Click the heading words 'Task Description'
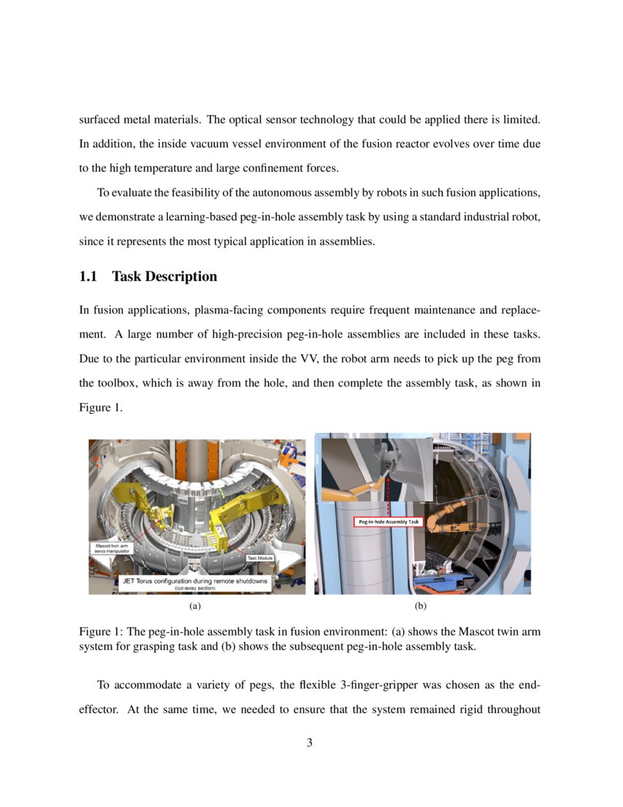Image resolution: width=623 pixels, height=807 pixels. coord(164,277)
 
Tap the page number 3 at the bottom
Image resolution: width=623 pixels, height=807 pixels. coord(309,742)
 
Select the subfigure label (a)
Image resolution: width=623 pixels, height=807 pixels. coord(194,606)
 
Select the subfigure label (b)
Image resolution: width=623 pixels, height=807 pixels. coord(420,606)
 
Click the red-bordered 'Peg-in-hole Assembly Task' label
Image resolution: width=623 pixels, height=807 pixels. coord(388,522)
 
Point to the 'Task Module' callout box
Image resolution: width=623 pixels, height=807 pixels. coord(259,558)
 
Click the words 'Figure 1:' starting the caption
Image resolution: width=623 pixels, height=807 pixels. coord(100,632)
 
